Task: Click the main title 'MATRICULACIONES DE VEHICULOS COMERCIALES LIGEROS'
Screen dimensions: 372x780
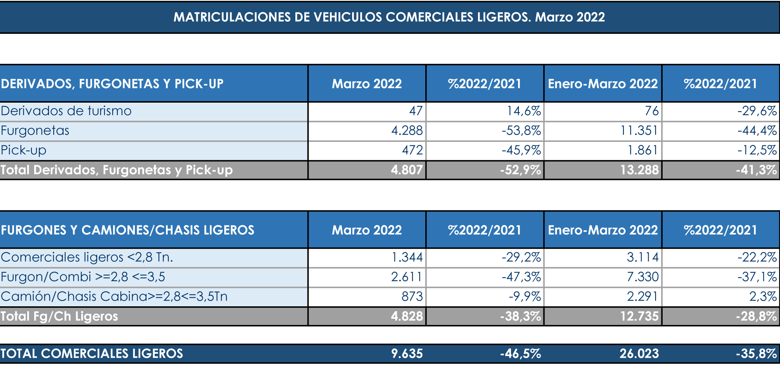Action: tap(389, 17)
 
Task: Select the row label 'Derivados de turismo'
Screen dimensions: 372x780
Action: tap(66, 111)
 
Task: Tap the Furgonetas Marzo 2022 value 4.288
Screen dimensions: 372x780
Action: tap(407, 131)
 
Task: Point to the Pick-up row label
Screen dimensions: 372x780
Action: tap(24, 150)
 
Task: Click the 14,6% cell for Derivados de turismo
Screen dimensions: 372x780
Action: tap(524, 111)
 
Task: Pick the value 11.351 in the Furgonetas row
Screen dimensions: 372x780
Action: tap(639, 131)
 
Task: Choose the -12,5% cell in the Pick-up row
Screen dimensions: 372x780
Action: tap(757, 150)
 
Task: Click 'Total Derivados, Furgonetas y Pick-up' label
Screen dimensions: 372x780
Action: tap(117, 170)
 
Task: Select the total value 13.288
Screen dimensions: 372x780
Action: tap(639, 170)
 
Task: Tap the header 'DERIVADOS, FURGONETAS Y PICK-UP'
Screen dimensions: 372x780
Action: tap(112, 84)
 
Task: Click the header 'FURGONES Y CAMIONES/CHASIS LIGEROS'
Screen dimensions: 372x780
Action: tap(127, 230)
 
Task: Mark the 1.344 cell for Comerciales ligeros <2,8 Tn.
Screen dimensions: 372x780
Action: tap(407, 257)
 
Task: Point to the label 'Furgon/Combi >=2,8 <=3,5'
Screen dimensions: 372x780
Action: tap(83, 277)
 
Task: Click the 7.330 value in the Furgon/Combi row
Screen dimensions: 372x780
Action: tap(642, 277)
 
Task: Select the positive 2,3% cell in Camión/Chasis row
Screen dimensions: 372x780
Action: tap(763, 297)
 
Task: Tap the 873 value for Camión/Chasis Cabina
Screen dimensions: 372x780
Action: tap(412, 297)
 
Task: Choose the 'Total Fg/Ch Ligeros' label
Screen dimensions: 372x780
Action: tap(59, 316)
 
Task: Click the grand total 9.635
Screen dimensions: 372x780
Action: tap(407, 354)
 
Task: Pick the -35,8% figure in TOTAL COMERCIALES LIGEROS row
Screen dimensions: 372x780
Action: tap(756, 354)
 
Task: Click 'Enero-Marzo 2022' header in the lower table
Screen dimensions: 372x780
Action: tap(603, 230)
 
